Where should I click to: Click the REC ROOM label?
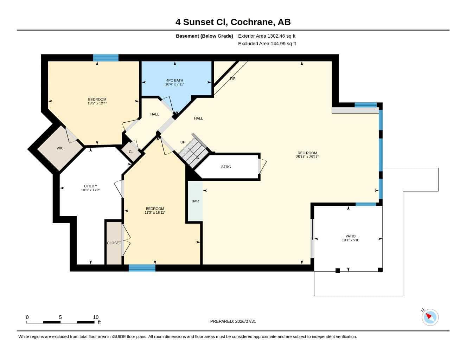307,153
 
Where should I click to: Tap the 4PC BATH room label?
174,81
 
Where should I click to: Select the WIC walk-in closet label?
60,148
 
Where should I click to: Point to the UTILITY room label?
90,186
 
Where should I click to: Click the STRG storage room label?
226,167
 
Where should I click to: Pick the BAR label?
195,201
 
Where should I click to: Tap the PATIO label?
350,236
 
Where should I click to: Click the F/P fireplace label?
233,79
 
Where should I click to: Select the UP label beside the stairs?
183,142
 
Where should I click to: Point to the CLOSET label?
114,243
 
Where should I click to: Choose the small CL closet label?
131,152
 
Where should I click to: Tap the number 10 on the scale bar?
96,317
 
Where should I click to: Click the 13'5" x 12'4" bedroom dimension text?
97,103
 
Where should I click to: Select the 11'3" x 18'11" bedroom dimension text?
155,213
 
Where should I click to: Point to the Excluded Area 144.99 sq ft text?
267,44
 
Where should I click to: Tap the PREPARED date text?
233,321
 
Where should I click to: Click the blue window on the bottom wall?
142,268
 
